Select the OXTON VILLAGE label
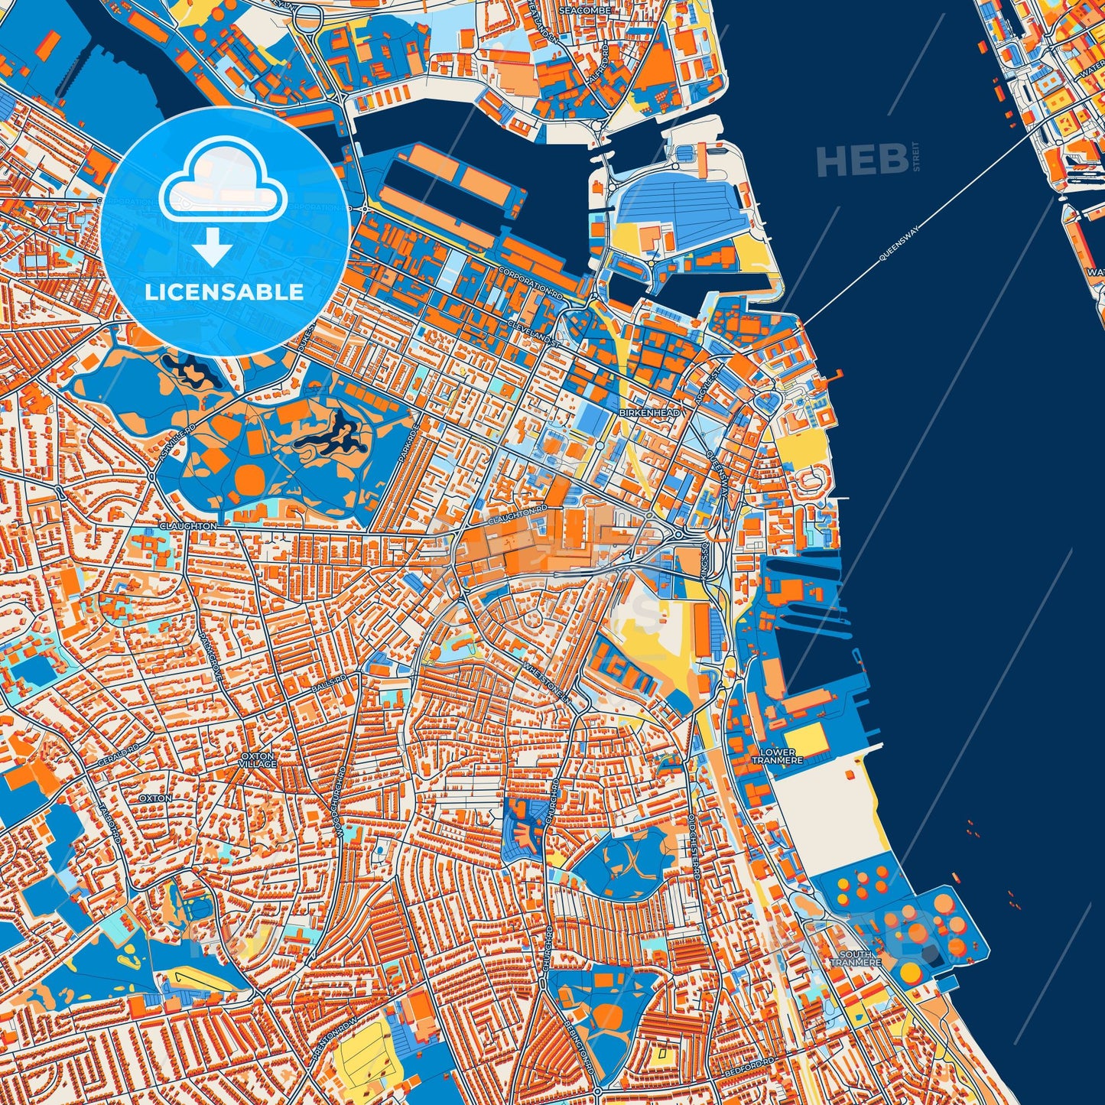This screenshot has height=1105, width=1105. [258, 759]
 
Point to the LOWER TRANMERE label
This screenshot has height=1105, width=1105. [778, 756]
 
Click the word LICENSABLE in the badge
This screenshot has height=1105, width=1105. [225, 292]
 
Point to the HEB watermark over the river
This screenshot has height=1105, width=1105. [861, 161]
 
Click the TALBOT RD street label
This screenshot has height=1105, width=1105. [109, 823]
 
